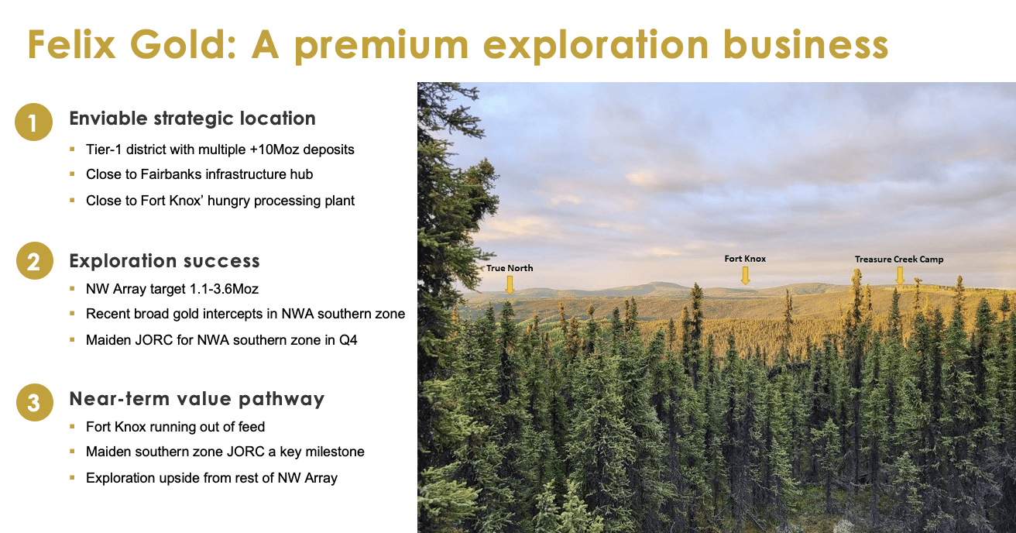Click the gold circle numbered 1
coord(33,122)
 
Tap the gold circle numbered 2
coord(35,261)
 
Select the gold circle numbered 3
coord(35,402)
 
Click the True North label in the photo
coord(510,268)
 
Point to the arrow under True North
coord(510,284)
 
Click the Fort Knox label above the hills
coord(745,259)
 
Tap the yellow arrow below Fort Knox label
coord(745,276)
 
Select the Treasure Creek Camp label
coord(899,260)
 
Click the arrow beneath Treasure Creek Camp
coord(900,275)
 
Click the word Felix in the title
coord(72,44)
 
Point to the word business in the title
coord(805,44)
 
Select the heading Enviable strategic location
coord(192,119)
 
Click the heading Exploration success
coord(165,261)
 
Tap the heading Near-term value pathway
coord(197,399)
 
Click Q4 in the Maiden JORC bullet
coord(348,340)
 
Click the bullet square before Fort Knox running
coord(72,426)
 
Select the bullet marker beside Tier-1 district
coord(72,149)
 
